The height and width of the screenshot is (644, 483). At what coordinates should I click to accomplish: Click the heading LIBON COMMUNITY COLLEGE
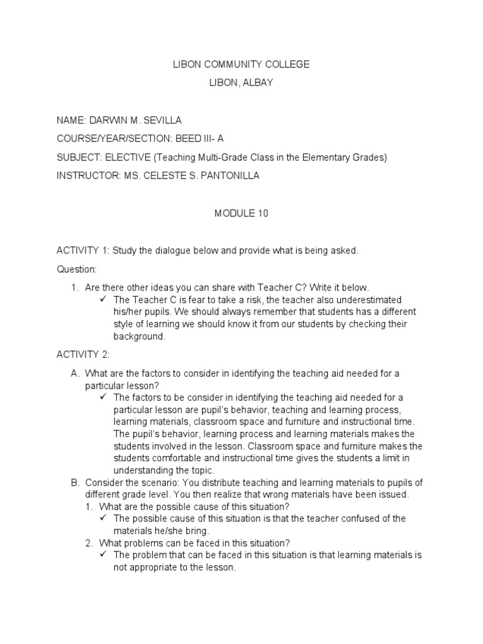[x=241, y=64]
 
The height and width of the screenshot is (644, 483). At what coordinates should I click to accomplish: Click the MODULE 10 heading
[x=241, y=213]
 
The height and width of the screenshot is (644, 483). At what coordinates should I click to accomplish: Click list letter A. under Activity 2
[x=75, y=373]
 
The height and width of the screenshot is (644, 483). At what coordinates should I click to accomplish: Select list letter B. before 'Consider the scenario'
[x=75, y=482]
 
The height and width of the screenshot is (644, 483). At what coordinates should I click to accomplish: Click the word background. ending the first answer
[x=140, y=336]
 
